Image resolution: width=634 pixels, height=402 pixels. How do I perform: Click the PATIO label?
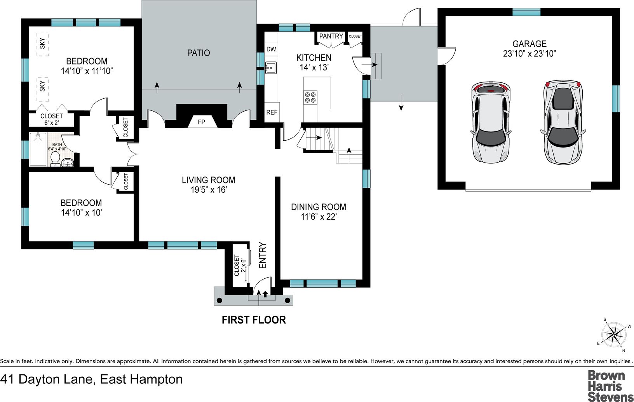coord(199,53)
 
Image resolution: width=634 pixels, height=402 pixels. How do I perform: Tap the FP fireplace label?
coord(201,122)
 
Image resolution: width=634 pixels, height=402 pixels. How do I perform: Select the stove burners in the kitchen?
coord(310,97)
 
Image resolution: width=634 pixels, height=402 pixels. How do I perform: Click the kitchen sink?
coord(271,68)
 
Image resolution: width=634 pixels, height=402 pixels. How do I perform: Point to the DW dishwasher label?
coord(271,49)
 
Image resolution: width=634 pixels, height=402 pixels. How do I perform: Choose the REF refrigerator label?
coord(272,112)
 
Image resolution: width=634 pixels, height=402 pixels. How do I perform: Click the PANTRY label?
coord(331,36)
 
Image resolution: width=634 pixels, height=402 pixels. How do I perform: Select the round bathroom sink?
coord(68,163)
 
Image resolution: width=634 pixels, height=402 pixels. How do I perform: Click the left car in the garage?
coord(491,122)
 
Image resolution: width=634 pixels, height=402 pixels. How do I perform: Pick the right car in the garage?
coord(563,122)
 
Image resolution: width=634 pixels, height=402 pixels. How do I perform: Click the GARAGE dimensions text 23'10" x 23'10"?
coord(529,54)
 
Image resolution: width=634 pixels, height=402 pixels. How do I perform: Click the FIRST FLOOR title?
coord(254,320)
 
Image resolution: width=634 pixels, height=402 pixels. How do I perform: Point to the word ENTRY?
coord(263,255)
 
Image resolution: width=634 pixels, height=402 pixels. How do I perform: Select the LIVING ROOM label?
coord(208,180)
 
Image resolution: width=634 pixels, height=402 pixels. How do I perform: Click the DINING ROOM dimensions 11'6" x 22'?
coord(319,217)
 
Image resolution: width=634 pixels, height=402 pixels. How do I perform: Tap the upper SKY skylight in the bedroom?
coord(42,44)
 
